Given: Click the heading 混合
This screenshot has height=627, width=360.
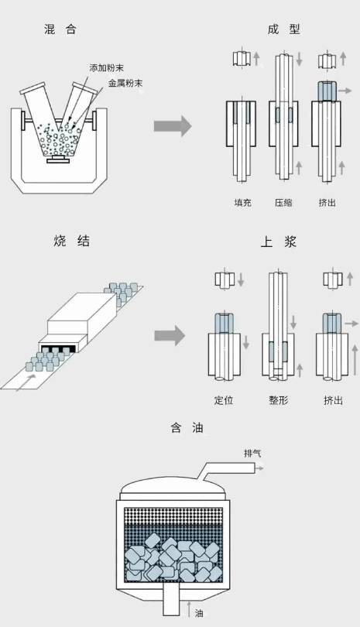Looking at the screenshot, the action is pyautogui.click(x=60, y=29).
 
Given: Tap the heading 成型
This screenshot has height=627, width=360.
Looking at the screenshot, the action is pyautogui.click(x=283, y=29).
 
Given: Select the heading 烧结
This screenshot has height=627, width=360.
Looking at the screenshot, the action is pyautogui.click(x=71, y=241).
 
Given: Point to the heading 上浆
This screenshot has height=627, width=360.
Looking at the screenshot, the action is pyautogui.click(x=279, y=242).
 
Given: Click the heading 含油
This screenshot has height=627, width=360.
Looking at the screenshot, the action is pyautogui.click(x=187, y=428).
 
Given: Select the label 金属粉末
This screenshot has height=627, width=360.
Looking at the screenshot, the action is pyautogui.click(x=125, y=83).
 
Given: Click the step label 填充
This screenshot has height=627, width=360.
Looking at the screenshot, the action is pyautogui.click(x=243, y=202).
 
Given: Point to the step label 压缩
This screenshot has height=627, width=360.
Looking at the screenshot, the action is pyautogui.click(x=283, y=202).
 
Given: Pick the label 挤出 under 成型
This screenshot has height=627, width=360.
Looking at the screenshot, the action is pyautogui.click(x=327, y=202).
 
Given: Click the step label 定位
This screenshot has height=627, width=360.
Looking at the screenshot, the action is pyautogui.click(x=224, y=400).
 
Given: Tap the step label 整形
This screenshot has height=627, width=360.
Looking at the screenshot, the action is pyautogui.click(x=279, y=400).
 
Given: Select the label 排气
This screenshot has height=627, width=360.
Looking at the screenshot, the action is pyautogui.click(x=252, y=453).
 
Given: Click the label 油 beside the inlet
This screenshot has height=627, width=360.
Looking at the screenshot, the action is pyautogui.click(x=198, y=612).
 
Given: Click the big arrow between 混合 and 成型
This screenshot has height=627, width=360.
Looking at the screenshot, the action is pyautogui.click(x=173, y=126).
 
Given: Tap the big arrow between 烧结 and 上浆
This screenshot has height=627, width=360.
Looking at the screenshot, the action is pyautogui.click(x=170, y=335).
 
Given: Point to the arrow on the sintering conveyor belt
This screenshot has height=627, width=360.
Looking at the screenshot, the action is pyautogui.click(x=26, y=382).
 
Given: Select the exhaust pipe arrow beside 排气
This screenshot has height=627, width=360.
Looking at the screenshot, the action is pyautogui.click(x=259, y=468).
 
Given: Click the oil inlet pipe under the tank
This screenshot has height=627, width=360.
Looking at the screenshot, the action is pyautogui.click(x=171, y=598).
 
